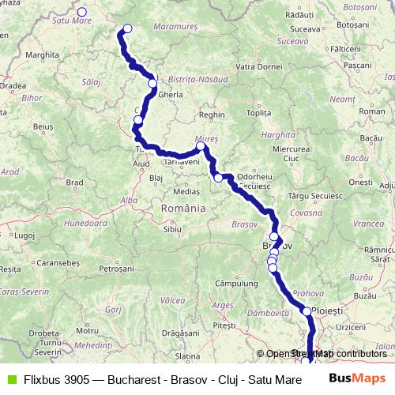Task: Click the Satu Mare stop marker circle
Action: click(x=81, y=13)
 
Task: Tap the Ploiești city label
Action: click(x=329, y=310)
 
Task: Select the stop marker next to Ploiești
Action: click(x=307, y=311)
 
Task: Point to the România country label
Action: click(x=182, y=208)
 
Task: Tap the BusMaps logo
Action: click(x=357, y=378)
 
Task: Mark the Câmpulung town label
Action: click(x=231, y=282)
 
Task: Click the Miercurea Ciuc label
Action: click(x=286, y=153)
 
